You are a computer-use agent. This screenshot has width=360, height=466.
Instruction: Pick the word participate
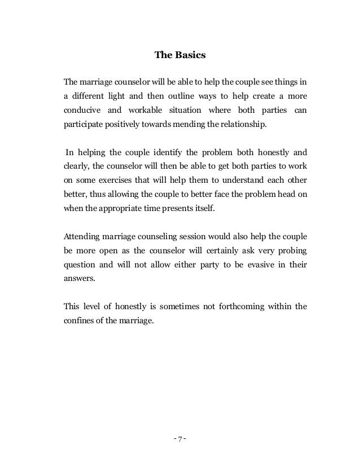(84, 124)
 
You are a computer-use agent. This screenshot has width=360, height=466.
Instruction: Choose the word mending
(191, 124)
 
